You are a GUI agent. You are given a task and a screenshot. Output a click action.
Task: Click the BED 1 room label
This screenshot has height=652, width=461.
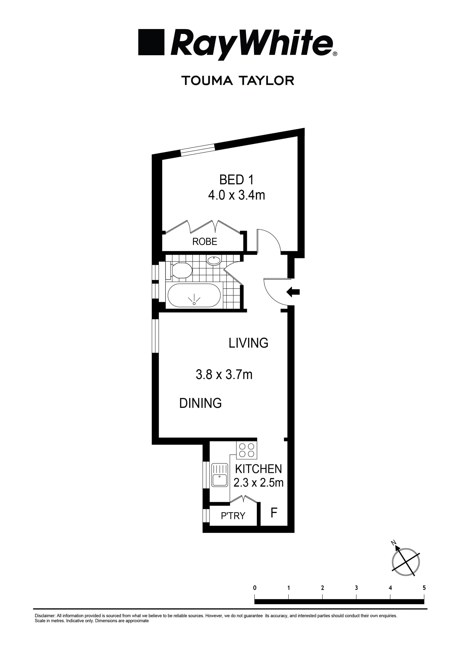(236, 180)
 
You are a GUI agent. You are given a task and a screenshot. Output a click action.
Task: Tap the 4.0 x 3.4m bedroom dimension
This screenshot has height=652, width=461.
(236, 195)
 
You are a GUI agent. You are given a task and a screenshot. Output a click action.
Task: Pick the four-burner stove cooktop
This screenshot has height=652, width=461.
(247, 451)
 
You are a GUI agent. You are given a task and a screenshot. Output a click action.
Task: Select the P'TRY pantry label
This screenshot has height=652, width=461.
(233, 515)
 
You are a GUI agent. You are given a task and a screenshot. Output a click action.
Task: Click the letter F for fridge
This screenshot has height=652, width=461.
(273, 513)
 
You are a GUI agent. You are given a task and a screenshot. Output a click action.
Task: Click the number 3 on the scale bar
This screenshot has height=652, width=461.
(356, 587)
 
